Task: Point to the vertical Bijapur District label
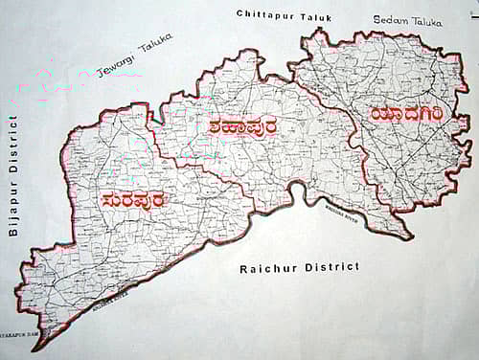12,175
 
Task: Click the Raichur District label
300,267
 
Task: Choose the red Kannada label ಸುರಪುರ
133,200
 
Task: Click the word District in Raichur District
331,267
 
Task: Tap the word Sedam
389,18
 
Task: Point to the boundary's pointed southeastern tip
411,237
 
